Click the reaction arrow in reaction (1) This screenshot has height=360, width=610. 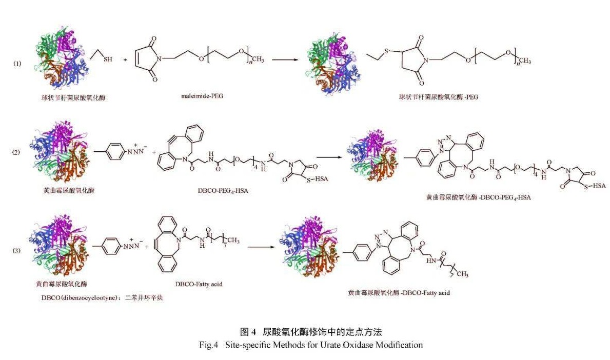click(x=288, y=60)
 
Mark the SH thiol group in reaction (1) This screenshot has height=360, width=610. click(x=108, y=59)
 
